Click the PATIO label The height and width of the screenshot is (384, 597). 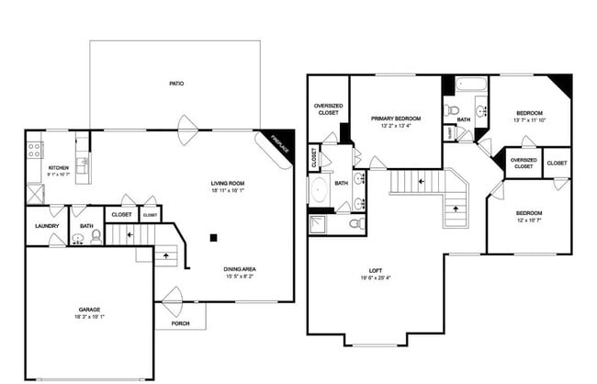pyautogui.click(x=175, y=84)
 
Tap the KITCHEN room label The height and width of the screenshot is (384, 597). pyautogui.click(x=58, y=168)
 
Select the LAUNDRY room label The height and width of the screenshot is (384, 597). pyautogui.click(x=47, y=225)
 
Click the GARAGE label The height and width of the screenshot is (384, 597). pyautogui.click(x=89, y=310)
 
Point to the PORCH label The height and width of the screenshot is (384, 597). pyautogui.click(x=180, y=323)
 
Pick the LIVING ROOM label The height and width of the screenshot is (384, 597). pyautogui.click(x=227, y=183)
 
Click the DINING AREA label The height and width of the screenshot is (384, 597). pyautogui.click(x=239, y=269)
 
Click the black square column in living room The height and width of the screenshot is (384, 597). pyautogui.click(x=213, y=237)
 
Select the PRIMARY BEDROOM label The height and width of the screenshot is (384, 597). pyautogui.click(x=396, y=119)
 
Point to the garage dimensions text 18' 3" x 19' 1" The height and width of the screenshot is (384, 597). pyautogui.click(x=89, y=317)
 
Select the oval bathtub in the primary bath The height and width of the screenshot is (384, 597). pyautogui.click(x=319, y=190)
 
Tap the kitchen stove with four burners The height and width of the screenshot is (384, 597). pyautogui.click(x=35, y=147)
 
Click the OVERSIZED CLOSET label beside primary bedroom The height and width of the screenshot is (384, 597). pyautogui.click(x=328, y=109)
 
